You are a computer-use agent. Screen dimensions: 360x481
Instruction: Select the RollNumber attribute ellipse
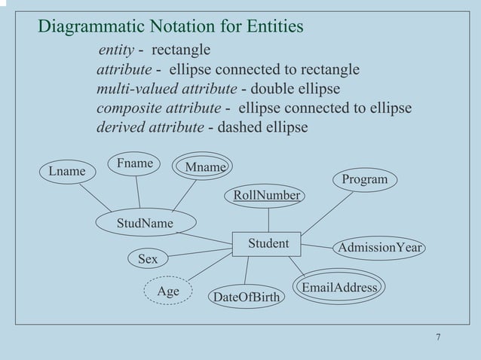tap(267, 196)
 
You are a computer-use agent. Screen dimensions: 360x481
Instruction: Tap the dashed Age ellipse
tap(168, 291)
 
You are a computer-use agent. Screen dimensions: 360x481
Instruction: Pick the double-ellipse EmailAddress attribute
tap(339, 288)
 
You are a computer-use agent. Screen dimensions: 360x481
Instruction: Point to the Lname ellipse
tap(67, 171)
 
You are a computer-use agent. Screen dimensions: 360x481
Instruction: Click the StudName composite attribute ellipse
tap(145, 223)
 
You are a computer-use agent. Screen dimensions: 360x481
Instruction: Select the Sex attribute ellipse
tap(148, 259)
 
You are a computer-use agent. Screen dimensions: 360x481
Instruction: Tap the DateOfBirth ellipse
tap(246, 298)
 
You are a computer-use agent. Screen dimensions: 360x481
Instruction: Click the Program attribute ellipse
tap(365, 179)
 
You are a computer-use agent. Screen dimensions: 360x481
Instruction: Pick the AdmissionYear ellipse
tap(380, 248)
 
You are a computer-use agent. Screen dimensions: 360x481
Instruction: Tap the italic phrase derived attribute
tap(150, 127)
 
